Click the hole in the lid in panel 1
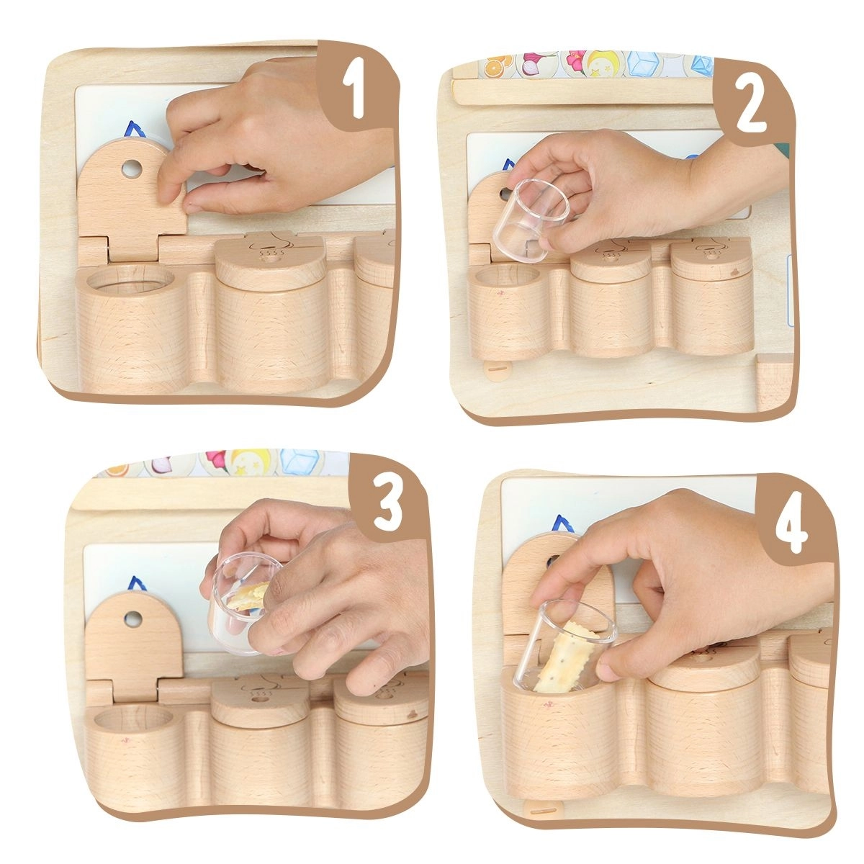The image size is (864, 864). (131, 169)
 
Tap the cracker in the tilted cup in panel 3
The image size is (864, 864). (247, 596)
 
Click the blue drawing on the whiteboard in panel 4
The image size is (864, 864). (564, 523)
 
